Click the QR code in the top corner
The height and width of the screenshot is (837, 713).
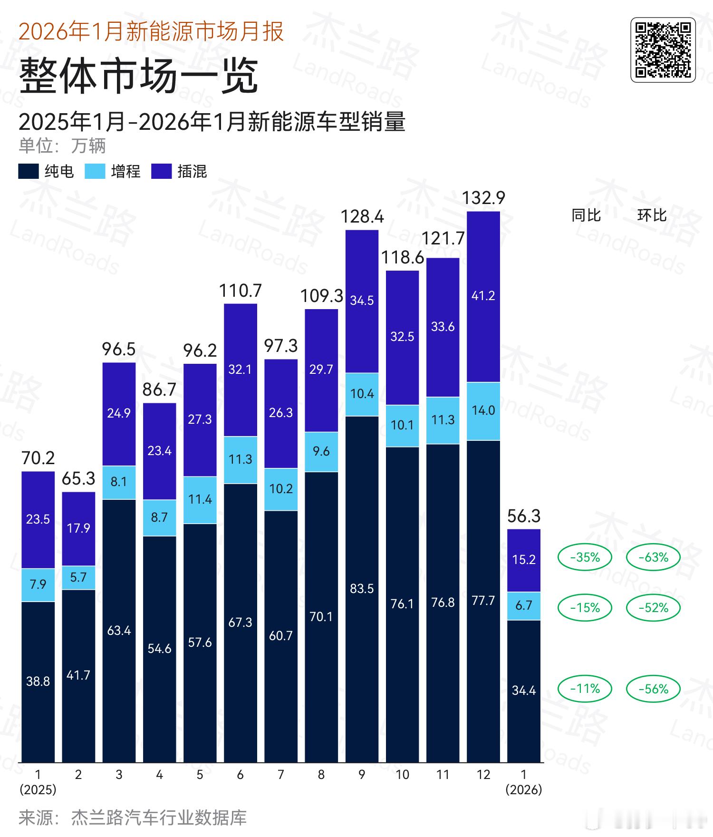pos(663,50)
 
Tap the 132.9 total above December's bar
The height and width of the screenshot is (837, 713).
pos(483,198)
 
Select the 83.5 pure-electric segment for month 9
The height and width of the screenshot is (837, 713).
pos(362,589)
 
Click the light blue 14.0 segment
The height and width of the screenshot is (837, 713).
pos(483,410)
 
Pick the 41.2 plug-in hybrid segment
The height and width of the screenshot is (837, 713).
pos(483,296)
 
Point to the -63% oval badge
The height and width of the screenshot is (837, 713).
pos(653,557)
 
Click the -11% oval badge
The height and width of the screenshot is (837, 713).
pos(585,689)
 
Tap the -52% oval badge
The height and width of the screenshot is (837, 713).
pos(653,608)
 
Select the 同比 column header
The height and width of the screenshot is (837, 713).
pos(586,215)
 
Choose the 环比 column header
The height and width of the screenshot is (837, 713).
pos(652,215)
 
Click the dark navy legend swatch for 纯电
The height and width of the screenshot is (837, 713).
pos(28,172)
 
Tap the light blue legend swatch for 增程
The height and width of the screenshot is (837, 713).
pos(95,172)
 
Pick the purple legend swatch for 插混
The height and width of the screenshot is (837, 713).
pos(161,172)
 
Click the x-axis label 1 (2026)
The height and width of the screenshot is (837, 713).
pos(524,782)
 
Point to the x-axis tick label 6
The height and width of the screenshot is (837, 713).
pos(240,775)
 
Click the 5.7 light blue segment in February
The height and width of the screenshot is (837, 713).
pos(78,577)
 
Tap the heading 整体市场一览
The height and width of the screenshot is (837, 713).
pos(138,76)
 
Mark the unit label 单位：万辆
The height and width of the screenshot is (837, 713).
pos(62,146)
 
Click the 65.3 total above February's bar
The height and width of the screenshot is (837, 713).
pos(78,478)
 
